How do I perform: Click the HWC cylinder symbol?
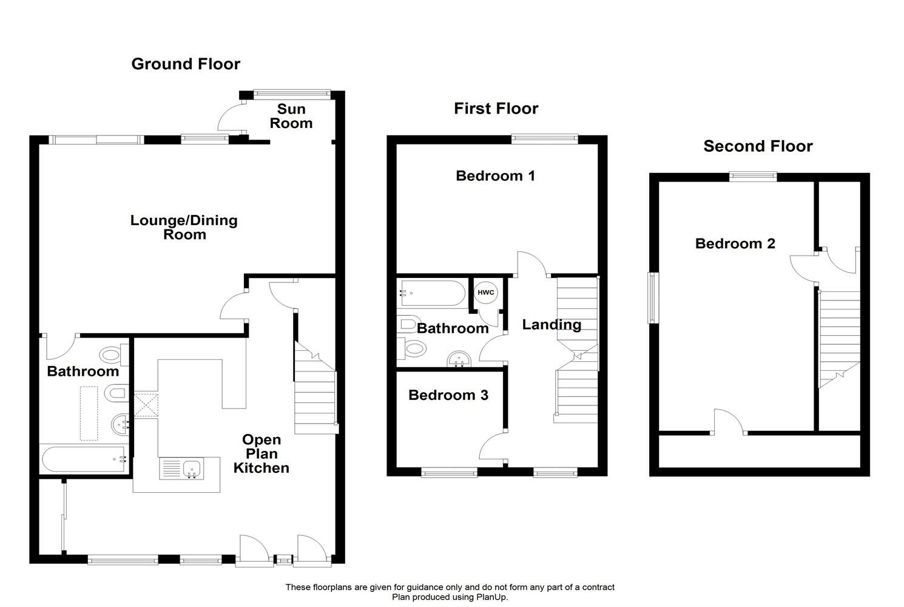coord(485,293)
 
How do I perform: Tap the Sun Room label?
coord(291,116)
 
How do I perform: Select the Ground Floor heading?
coord(186,64)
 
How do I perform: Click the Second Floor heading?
coord(758,146)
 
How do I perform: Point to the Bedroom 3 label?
coord(448,395)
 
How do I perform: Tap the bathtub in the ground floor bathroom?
coord(84,459)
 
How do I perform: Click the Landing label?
coord(552,325)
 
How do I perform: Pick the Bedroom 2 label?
coord(735,243)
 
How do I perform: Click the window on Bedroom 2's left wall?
coord(653,298)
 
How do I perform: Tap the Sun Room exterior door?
coord(232,116)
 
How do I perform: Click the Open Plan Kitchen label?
coord(261,453)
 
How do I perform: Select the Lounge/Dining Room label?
coord(184,227)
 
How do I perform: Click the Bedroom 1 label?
coord(495,175)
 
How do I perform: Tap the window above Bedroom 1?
coord(544,140)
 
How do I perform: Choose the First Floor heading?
coord(496,108)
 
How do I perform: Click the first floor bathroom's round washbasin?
coord(459,359)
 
